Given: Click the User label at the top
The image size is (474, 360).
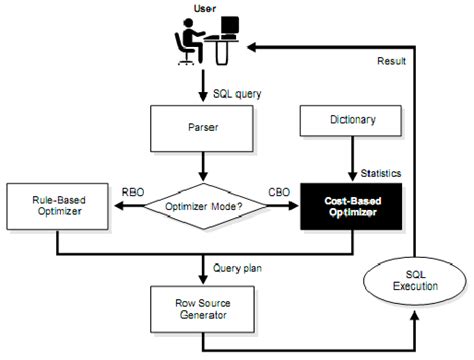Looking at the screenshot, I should (x=203, y=8).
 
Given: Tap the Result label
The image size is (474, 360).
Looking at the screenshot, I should (x=391, y=61).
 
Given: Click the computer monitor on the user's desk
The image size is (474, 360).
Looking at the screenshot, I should (x=229, y=28).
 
